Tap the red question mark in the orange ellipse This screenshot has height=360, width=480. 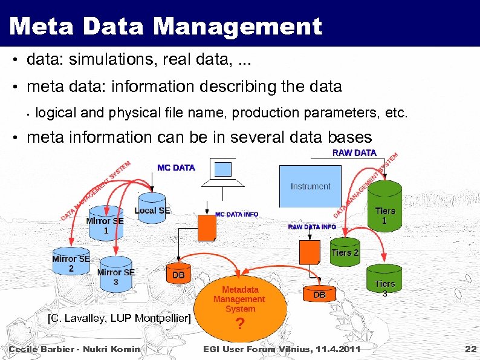(240, 324)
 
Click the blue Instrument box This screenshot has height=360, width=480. (310, 186)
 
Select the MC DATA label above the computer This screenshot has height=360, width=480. (176, 168)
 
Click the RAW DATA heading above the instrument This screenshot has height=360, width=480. (354, 153)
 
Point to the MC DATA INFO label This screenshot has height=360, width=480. (237, 215)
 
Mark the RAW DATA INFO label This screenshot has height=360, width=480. (312, 227)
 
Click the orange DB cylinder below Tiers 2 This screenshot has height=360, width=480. (320, 294)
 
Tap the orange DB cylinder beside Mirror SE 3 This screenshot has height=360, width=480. (178, 273)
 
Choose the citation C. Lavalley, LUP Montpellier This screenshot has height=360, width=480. (119, 318)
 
